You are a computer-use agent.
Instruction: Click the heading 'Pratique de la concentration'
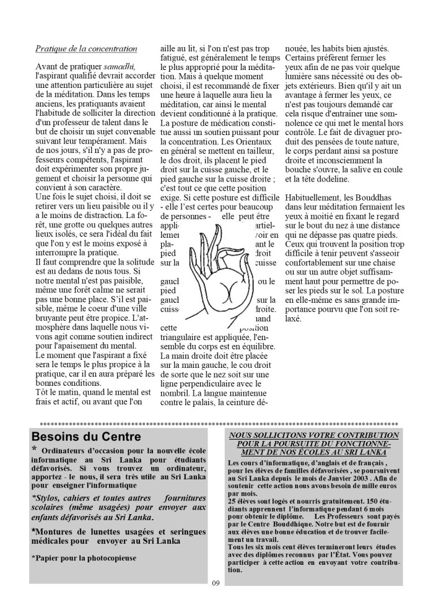(86, 48)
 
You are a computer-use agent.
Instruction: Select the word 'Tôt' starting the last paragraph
(42, 392)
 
